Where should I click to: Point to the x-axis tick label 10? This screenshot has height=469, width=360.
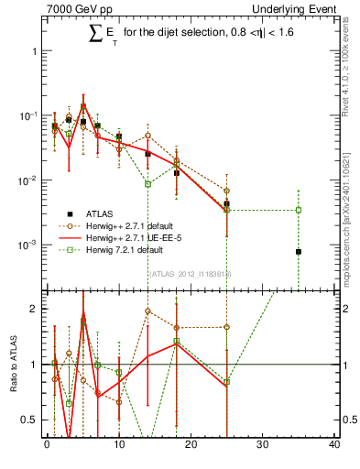(x=119, y=445)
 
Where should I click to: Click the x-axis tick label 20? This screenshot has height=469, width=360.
(x=191, y=445)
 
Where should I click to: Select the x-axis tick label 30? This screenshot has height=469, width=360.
(x=263, y=445)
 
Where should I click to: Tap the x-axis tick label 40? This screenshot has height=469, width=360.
(x=334, y=445)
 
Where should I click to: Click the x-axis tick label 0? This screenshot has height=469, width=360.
(x=47, y=445)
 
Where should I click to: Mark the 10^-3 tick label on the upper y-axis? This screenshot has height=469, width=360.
(x=28, y=245)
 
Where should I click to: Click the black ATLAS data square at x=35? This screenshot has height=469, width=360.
(x=299, y=252)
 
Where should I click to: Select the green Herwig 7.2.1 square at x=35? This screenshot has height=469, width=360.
(x=299, y=210)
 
